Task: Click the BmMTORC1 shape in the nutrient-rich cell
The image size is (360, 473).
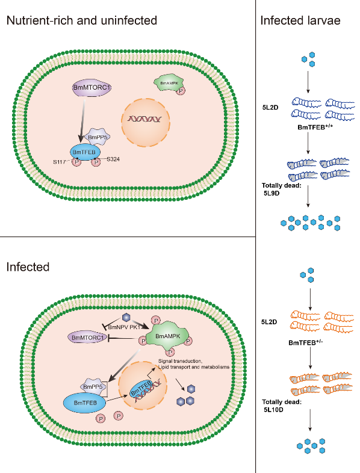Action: click(92, 88)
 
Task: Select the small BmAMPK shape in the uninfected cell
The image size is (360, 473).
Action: click(169, 83)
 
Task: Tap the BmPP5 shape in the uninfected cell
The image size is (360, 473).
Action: click(97, 137)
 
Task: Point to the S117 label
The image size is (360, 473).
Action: click(59, 162)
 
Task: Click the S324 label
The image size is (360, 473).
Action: click(113, 159)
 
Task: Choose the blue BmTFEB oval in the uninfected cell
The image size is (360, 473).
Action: click(84, 152)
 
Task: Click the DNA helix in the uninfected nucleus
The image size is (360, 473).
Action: click(145, 119)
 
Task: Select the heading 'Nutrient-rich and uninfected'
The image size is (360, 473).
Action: click(82, 20)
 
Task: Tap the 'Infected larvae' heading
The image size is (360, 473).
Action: click(300, 20)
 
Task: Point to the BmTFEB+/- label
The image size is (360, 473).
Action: click(306, 342)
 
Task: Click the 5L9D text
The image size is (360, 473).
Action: click(272, 193)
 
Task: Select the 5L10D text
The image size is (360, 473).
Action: click(273, 410)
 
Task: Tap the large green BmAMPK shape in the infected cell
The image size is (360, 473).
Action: click(167, 336)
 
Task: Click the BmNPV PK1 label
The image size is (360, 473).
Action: click(124, 327)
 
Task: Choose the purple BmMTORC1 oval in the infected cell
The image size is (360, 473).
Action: click(87, 338)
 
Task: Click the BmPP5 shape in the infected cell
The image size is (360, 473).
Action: click(93, 387)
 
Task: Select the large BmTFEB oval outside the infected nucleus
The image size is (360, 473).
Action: click(85, 403)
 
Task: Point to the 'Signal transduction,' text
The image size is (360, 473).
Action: click(181, 361)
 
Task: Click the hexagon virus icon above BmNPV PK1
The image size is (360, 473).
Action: click(126, 317)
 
